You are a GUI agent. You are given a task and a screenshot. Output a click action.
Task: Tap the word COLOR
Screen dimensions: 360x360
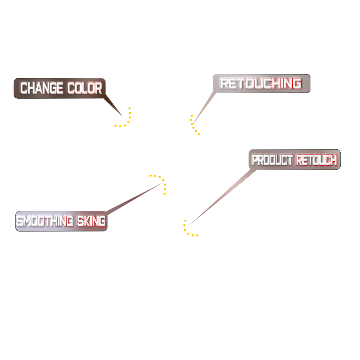pos(85,88)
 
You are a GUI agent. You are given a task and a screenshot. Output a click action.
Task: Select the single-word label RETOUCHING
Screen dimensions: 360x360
pos(261,84)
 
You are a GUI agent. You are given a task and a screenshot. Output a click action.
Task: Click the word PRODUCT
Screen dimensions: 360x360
pos(273,160)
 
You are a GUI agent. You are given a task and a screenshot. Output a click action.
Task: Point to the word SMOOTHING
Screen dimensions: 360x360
pos(45,221)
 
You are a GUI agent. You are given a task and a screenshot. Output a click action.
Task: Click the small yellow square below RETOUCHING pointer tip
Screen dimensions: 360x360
pos(200,132)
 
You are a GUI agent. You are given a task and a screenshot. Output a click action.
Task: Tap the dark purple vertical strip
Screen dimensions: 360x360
pos(185,237)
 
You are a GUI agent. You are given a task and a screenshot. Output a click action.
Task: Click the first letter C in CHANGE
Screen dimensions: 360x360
pos(24,88)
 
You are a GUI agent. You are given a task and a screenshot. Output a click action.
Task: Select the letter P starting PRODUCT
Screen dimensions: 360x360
pos(255,160)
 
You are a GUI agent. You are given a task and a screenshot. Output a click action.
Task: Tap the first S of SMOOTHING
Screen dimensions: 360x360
pos(20,221)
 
